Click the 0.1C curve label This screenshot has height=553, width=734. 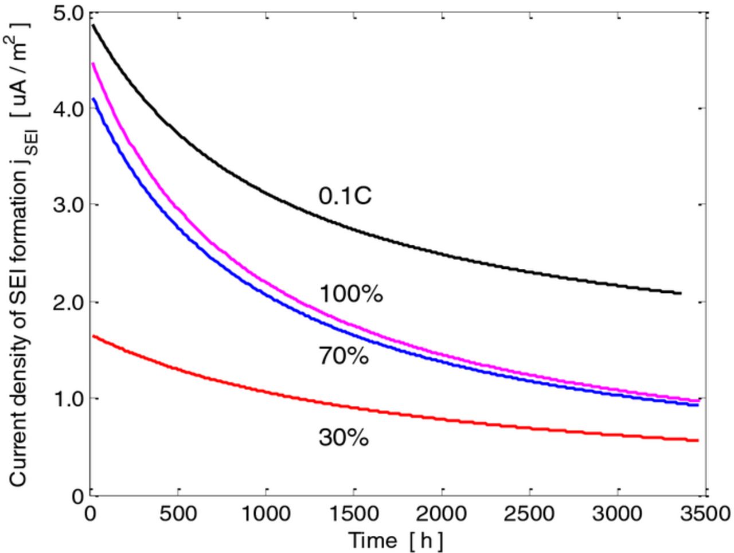[345, 196]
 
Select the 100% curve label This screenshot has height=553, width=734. [350, 294]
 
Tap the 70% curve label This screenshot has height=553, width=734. [343, 356]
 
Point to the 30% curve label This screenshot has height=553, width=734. [343, 438]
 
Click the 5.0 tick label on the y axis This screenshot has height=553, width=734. [67, 13]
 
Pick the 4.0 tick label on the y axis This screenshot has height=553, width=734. [67, 109]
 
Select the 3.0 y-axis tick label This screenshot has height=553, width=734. [67, 205]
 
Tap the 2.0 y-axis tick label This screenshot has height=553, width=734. [67, 302]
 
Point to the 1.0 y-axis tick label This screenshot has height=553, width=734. [67, 398]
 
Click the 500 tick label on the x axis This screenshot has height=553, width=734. [178, 513]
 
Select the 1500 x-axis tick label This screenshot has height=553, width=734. [354, 513]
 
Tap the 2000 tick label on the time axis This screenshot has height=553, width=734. [442, 513]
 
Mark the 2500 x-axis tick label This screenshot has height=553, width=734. [530, 513]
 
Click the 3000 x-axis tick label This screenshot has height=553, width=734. [618, 513]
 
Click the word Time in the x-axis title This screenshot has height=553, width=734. [373, 540]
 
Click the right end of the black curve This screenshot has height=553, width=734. [681, 293]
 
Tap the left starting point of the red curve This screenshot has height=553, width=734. [93, 336]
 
